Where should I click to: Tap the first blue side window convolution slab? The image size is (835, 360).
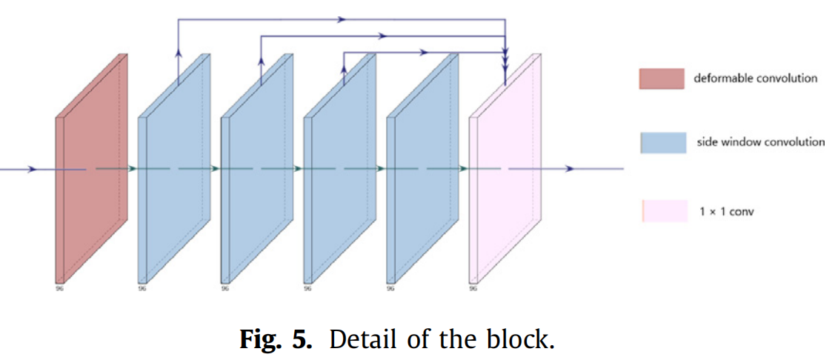coord(173,178)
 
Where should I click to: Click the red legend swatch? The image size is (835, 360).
coord(661,79)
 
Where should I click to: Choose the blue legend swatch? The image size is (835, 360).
coord(662,142)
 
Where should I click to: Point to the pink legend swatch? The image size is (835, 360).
coord(662,211)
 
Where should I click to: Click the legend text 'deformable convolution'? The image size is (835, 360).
coord(755,78)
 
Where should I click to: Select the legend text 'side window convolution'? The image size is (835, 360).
coord(760,141)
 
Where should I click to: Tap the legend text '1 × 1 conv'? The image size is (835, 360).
coord(726,212)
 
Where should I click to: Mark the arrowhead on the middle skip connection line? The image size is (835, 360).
coord(383,36)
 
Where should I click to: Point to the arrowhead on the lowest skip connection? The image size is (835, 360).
coord(424,53)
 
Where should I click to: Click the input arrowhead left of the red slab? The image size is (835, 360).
coord(31,170)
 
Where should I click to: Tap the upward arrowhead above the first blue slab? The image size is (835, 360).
coord(179,53)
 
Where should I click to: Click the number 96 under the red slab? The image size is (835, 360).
coord(59,288)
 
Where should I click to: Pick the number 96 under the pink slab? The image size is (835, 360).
coord(473,288)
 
